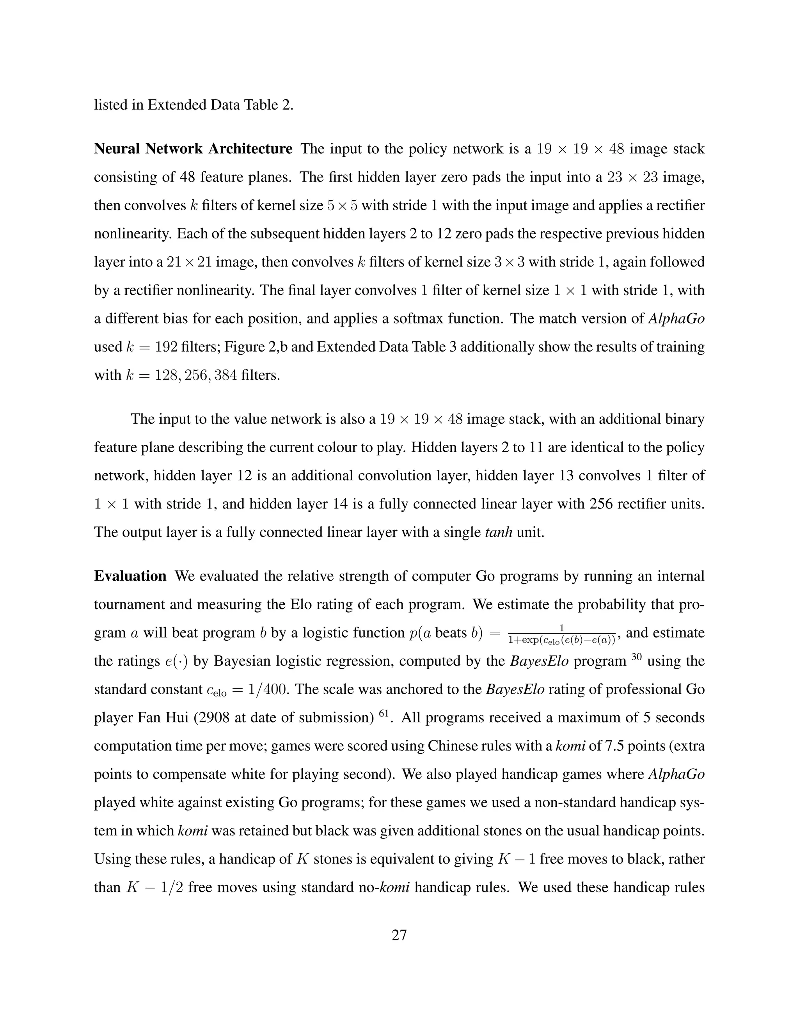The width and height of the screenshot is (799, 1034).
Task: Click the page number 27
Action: point(399,935)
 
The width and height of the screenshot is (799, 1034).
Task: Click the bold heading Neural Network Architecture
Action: point(193,149)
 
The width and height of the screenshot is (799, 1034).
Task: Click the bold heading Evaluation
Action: point(130,576)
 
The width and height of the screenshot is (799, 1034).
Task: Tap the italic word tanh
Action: point(499,532)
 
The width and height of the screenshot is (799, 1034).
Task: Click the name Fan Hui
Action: point(164,718)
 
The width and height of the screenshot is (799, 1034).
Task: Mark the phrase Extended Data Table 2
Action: point(220,105)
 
